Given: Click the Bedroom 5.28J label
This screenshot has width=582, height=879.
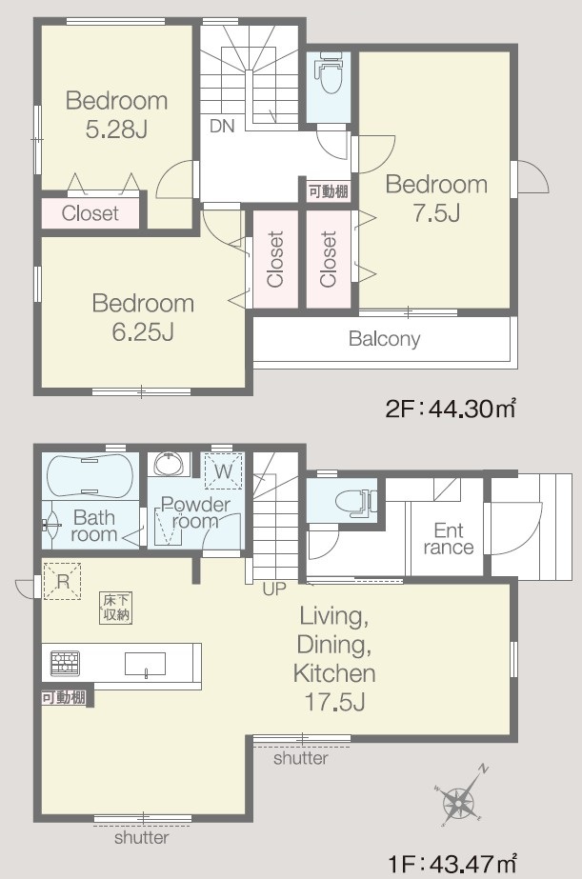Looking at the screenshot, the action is tap(116, 115).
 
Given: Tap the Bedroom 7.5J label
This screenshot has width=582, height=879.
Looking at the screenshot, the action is tap(436, 198).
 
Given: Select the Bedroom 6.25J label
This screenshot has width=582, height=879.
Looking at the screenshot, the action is tap(143, 317).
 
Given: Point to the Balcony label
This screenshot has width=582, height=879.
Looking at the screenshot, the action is tap(384, 339).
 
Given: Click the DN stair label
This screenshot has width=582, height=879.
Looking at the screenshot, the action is tap(222, 126).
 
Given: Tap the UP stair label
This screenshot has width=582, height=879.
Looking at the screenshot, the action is tap(274, 589).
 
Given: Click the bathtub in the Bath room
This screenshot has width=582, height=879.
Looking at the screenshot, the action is tap(90, 475).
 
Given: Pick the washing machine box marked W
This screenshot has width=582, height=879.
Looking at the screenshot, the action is tap(224, 470).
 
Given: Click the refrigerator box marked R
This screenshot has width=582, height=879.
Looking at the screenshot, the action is tap(62, 581).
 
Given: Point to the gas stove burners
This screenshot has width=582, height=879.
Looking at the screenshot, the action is tap(65, 663).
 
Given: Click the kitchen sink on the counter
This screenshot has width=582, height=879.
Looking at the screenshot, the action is tap(145, 665).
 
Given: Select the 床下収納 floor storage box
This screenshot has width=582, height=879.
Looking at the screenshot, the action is tap(116, 608).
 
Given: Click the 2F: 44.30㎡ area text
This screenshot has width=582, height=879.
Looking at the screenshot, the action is tap(451, 409).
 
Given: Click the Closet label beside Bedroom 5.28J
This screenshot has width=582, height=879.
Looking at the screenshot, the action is tap(90, 213).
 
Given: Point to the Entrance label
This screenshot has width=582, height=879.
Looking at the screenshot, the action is tap(448, 538).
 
